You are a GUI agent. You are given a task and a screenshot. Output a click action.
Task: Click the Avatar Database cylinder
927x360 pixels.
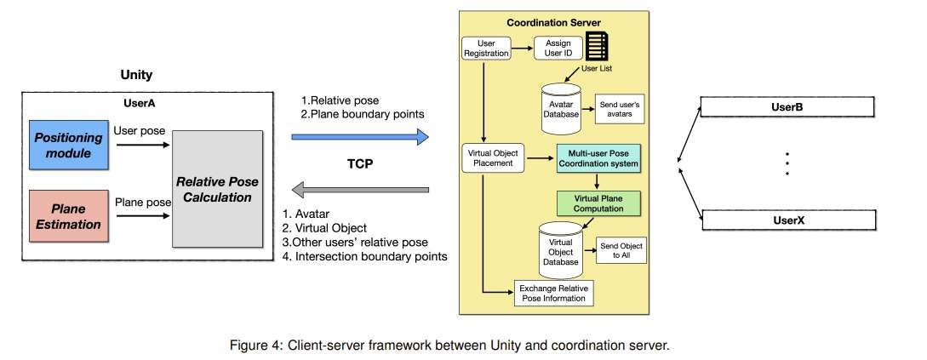coord(561,107)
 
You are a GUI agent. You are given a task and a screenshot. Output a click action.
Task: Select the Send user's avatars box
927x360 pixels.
coord(620,108)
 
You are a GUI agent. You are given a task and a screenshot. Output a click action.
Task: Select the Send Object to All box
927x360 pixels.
coord(621,250)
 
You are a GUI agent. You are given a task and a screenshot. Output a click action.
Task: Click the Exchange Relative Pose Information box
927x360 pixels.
coord(554,293)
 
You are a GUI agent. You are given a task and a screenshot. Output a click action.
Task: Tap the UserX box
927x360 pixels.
coord(787,220)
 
